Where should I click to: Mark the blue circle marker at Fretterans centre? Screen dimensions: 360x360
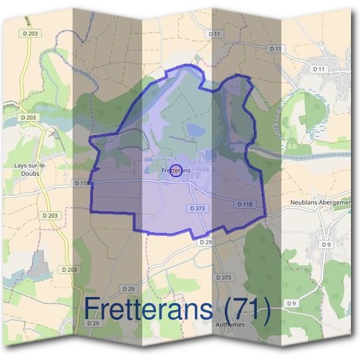point(175,171)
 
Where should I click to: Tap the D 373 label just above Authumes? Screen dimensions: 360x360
point(223,278)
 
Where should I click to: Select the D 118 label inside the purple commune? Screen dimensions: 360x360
point(245,204)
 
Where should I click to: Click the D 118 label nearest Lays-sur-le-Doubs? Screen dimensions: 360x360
point(82,182)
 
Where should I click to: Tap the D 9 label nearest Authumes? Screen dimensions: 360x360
point(292,304)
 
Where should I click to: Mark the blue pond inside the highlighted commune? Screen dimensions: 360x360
point(195,129)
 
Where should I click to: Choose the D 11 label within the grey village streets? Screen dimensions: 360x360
point(318,70)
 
